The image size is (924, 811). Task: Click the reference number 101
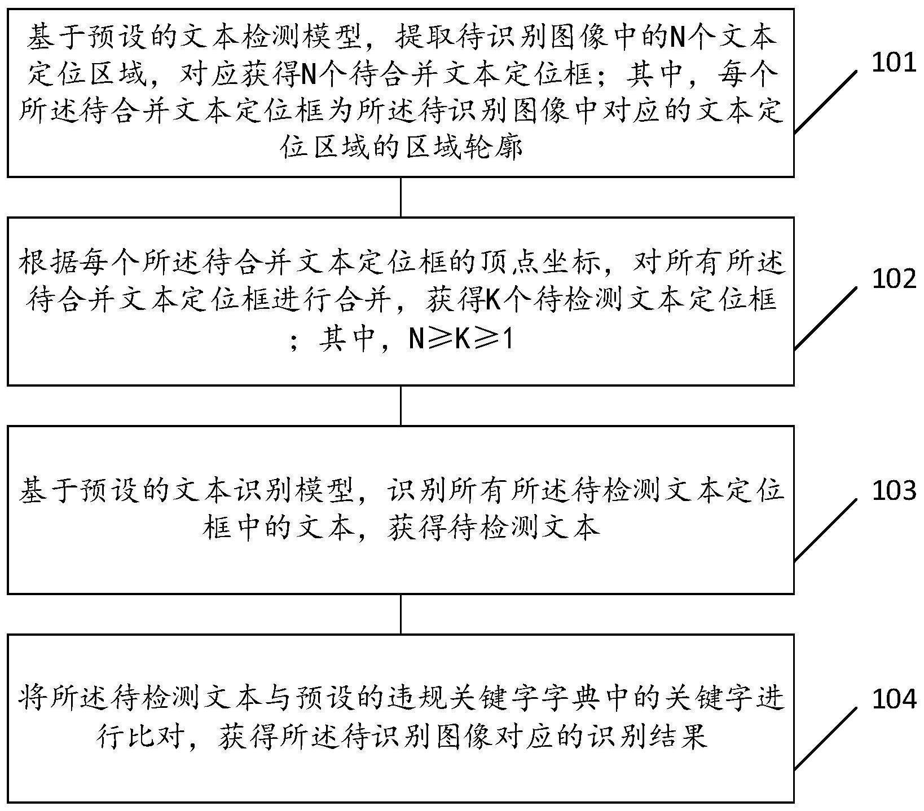click(894, 64)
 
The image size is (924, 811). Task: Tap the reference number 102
click(894, 278)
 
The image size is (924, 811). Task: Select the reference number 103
click(894, 490)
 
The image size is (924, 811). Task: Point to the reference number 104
click(894, 699)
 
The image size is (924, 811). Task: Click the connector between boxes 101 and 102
click(401, 197)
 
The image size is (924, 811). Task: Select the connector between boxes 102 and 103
click(401, 405)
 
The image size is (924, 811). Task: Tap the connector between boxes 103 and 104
click(401, 614)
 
